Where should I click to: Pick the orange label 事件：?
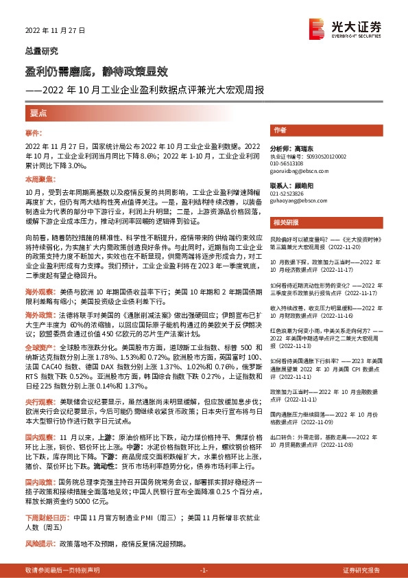34,130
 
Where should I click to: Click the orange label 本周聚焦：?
38,178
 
